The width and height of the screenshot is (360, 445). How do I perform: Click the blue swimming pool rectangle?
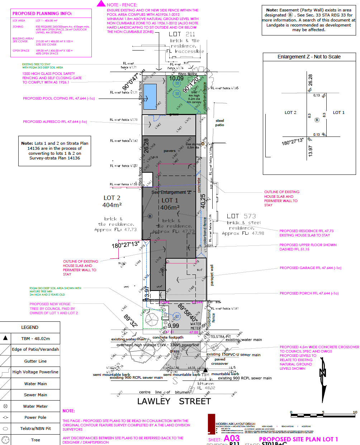tap(150, 97)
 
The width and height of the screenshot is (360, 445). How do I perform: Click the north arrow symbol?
tap(323, 373)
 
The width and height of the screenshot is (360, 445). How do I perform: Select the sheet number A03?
tap(232, 438)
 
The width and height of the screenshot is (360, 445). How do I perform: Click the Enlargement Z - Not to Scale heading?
tap(309, 57)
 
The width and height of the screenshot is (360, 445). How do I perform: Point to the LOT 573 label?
tap(241, 216)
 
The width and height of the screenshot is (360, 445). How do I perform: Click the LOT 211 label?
tap(182, 34)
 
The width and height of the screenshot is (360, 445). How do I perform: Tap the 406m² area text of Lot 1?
tap(170, 207)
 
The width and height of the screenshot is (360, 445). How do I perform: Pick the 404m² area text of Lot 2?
tap(112, 205)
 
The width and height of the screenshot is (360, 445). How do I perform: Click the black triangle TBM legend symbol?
tap(5, 338)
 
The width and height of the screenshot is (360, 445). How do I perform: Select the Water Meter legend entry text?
tap(35, 406)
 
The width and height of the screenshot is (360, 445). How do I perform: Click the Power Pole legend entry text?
tap(35, 417)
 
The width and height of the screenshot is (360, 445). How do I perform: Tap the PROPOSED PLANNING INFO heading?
tap(42, 13)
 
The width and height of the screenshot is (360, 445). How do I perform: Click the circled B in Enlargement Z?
tap(317, 120)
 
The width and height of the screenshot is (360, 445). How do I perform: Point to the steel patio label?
tap(219, 123)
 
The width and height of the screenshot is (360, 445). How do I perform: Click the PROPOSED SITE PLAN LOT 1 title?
tap(298, 439)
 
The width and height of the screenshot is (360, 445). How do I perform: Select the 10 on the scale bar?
tap(355, 412)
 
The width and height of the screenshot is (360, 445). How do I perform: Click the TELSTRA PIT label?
tap(220, 336)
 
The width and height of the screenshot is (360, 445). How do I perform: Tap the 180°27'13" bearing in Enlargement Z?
tap(293, 142)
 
